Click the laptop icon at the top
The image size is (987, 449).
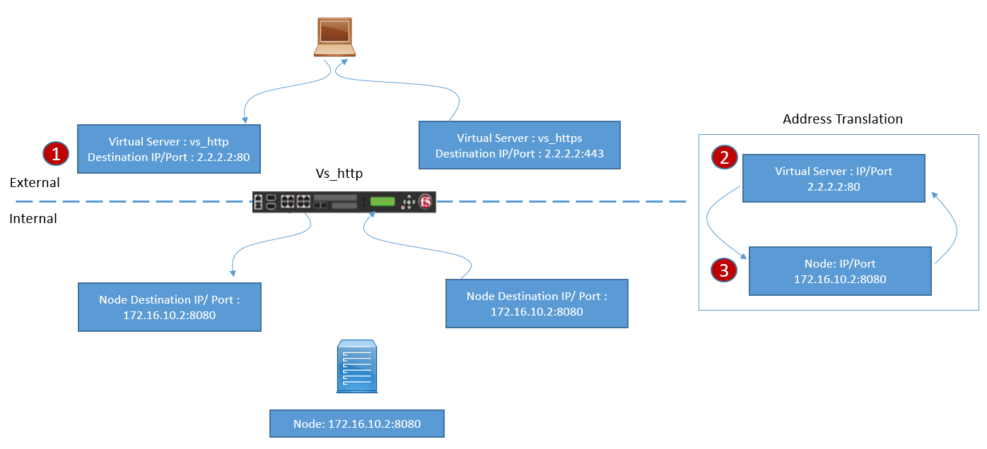coord(335,37)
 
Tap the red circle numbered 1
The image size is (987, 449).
coord(56,153)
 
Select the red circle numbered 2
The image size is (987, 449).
coord(725,157)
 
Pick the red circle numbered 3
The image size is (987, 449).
coord(724,270)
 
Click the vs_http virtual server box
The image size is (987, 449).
coord(169,149)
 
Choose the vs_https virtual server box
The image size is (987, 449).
coord(520,145)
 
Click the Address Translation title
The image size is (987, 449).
coord(843,119)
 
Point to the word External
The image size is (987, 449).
coord(35,183)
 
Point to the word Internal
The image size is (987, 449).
coord(33,219)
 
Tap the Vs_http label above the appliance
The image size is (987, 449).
coord(339,173)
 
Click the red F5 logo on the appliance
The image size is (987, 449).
coord(425,202)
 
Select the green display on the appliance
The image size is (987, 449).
coord(382,201)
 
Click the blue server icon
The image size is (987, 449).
coord(357,366)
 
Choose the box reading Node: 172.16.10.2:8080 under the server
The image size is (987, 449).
coord(357,424)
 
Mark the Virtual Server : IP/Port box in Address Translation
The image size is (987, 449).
coord(834,178)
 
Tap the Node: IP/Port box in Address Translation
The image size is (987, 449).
coord(840,271)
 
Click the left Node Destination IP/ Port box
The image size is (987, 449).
coord(170,307)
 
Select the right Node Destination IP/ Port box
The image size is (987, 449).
coord(537,304)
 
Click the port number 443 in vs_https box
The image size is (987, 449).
coord(595,153)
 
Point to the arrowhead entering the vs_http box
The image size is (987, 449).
coord(245,120)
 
